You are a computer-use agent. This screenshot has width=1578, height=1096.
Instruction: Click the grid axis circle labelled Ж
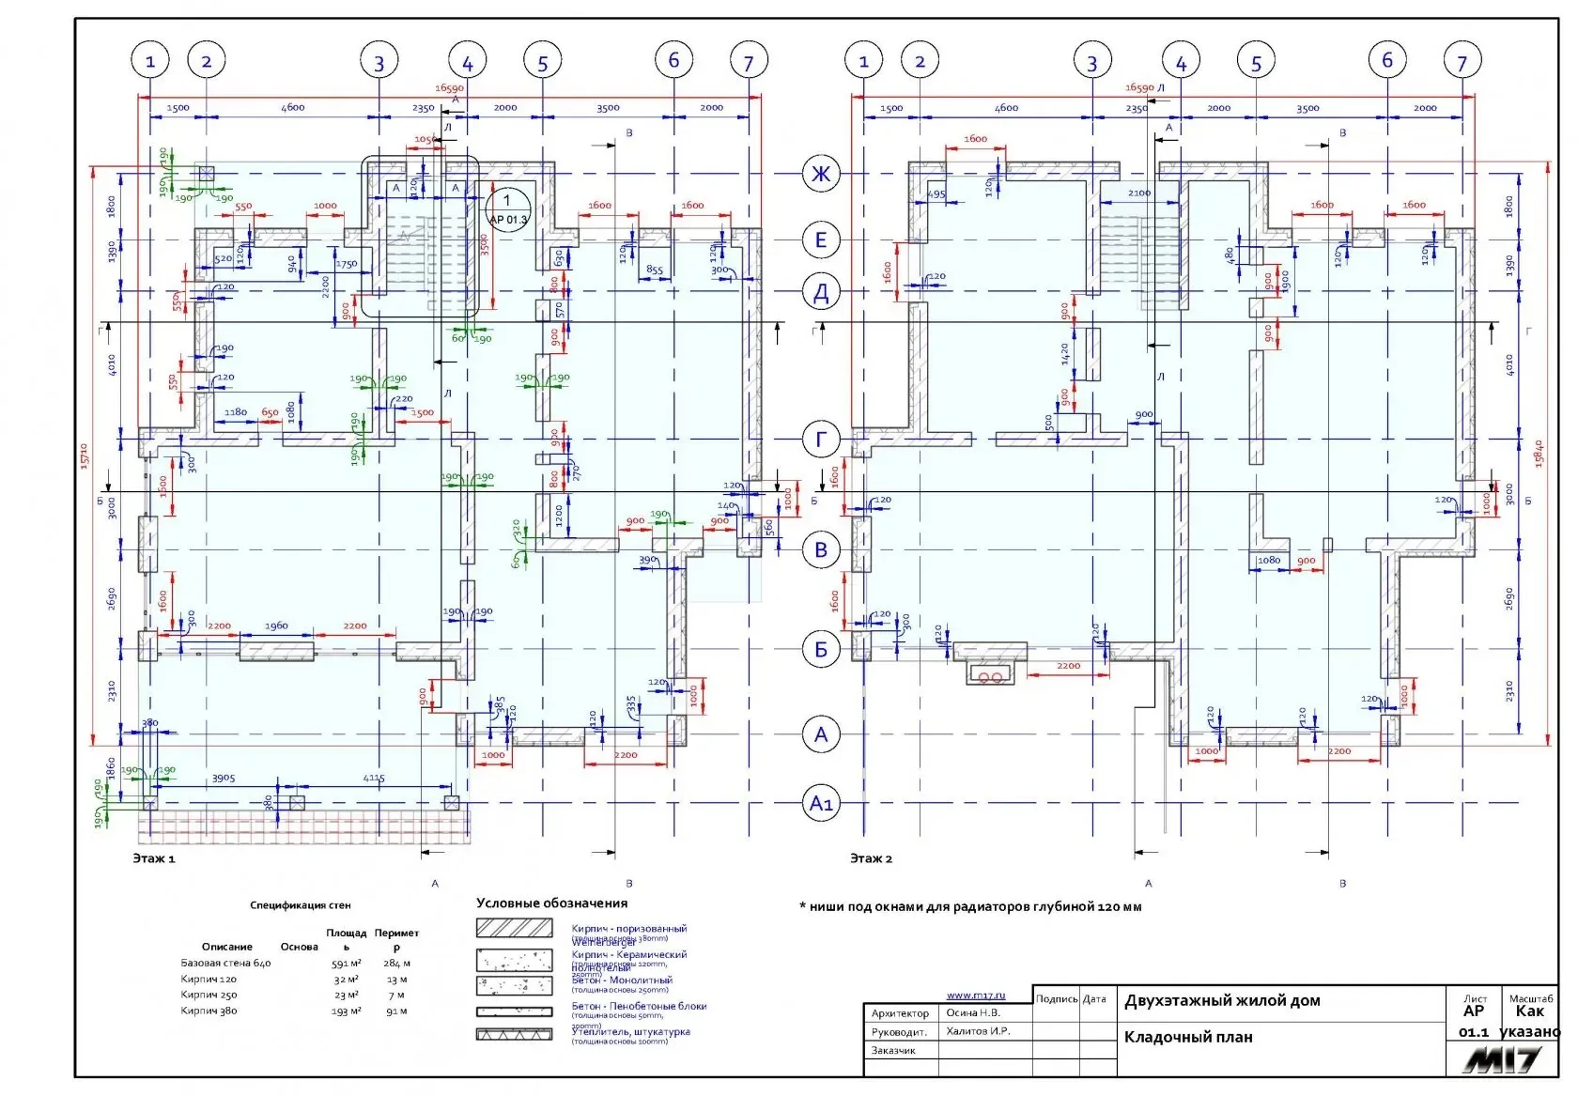point(821,174)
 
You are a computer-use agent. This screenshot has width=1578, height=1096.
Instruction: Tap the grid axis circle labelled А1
point(821,804)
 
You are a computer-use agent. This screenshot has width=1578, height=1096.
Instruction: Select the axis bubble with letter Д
point(821,292)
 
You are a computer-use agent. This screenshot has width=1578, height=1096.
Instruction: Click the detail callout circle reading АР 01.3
point(508,208)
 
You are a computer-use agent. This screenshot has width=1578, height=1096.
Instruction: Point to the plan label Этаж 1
point(154,858)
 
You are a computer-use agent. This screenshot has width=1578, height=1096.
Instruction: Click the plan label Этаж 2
point(871,858)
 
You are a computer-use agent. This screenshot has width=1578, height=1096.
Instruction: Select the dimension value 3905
point(224,779)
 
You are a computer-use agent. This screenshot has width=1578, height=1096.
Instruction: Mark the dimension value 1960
point(276,626)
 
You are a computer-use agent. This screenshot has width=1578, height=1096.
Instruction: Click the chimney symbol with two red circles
point(990,675)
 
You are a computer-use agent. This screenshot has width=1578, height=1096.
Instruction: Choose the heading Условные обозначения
point(551,903)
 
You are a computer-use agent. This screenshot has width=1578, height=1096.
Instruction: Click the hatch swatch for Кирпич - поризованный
point(514,928)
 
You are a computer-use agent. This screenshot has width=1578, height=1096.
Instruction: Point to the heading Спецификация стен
point(301,906)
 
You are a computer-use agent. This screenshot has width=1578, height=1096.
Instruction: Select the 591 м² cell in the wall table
point(345,964)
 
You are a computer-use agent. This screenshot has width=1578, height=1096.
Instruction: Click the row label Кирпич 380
point(209,1011)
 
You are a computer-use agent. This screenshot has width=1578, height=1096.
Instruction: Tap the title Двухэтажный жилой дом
point(1222,1001)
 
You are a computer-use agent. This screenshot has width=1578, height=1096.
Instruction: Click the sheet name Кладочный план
point(1188,1038)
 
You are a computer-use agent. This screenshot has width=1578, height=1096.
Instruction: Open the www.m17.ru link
point(975,996)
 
